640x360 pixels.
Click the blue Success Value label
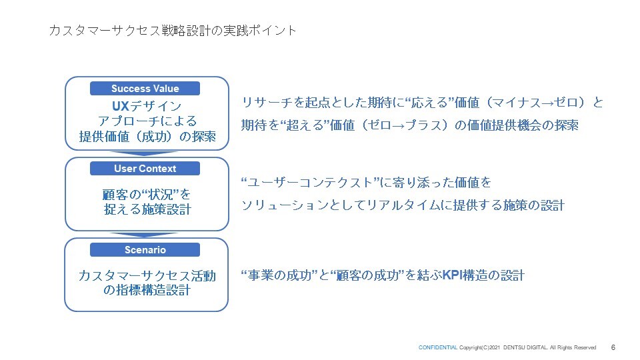point(145,89)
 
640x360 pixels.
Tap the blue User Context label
point(145,169)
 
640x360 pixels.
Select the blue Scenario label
point(145,250)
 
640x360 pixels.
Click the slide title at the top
point(172,31)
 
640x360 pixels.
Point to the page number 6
point(613,347)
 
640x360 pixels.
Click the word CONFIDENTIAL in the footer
point(438,348)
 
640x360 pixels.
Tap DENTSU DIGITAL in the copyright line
point(525,348)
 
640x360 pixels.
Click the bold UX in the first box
point(121,106)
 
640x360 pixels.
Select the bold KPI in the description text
point(452,275)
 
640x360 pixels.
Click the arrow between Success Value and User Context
point(144,153)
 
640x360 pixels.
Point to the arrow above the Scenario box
point(144,235)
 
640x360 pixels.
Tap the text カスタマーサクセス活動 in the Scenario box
point(147,276)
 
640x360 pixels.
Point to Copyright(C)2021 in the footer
point(479,348)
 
